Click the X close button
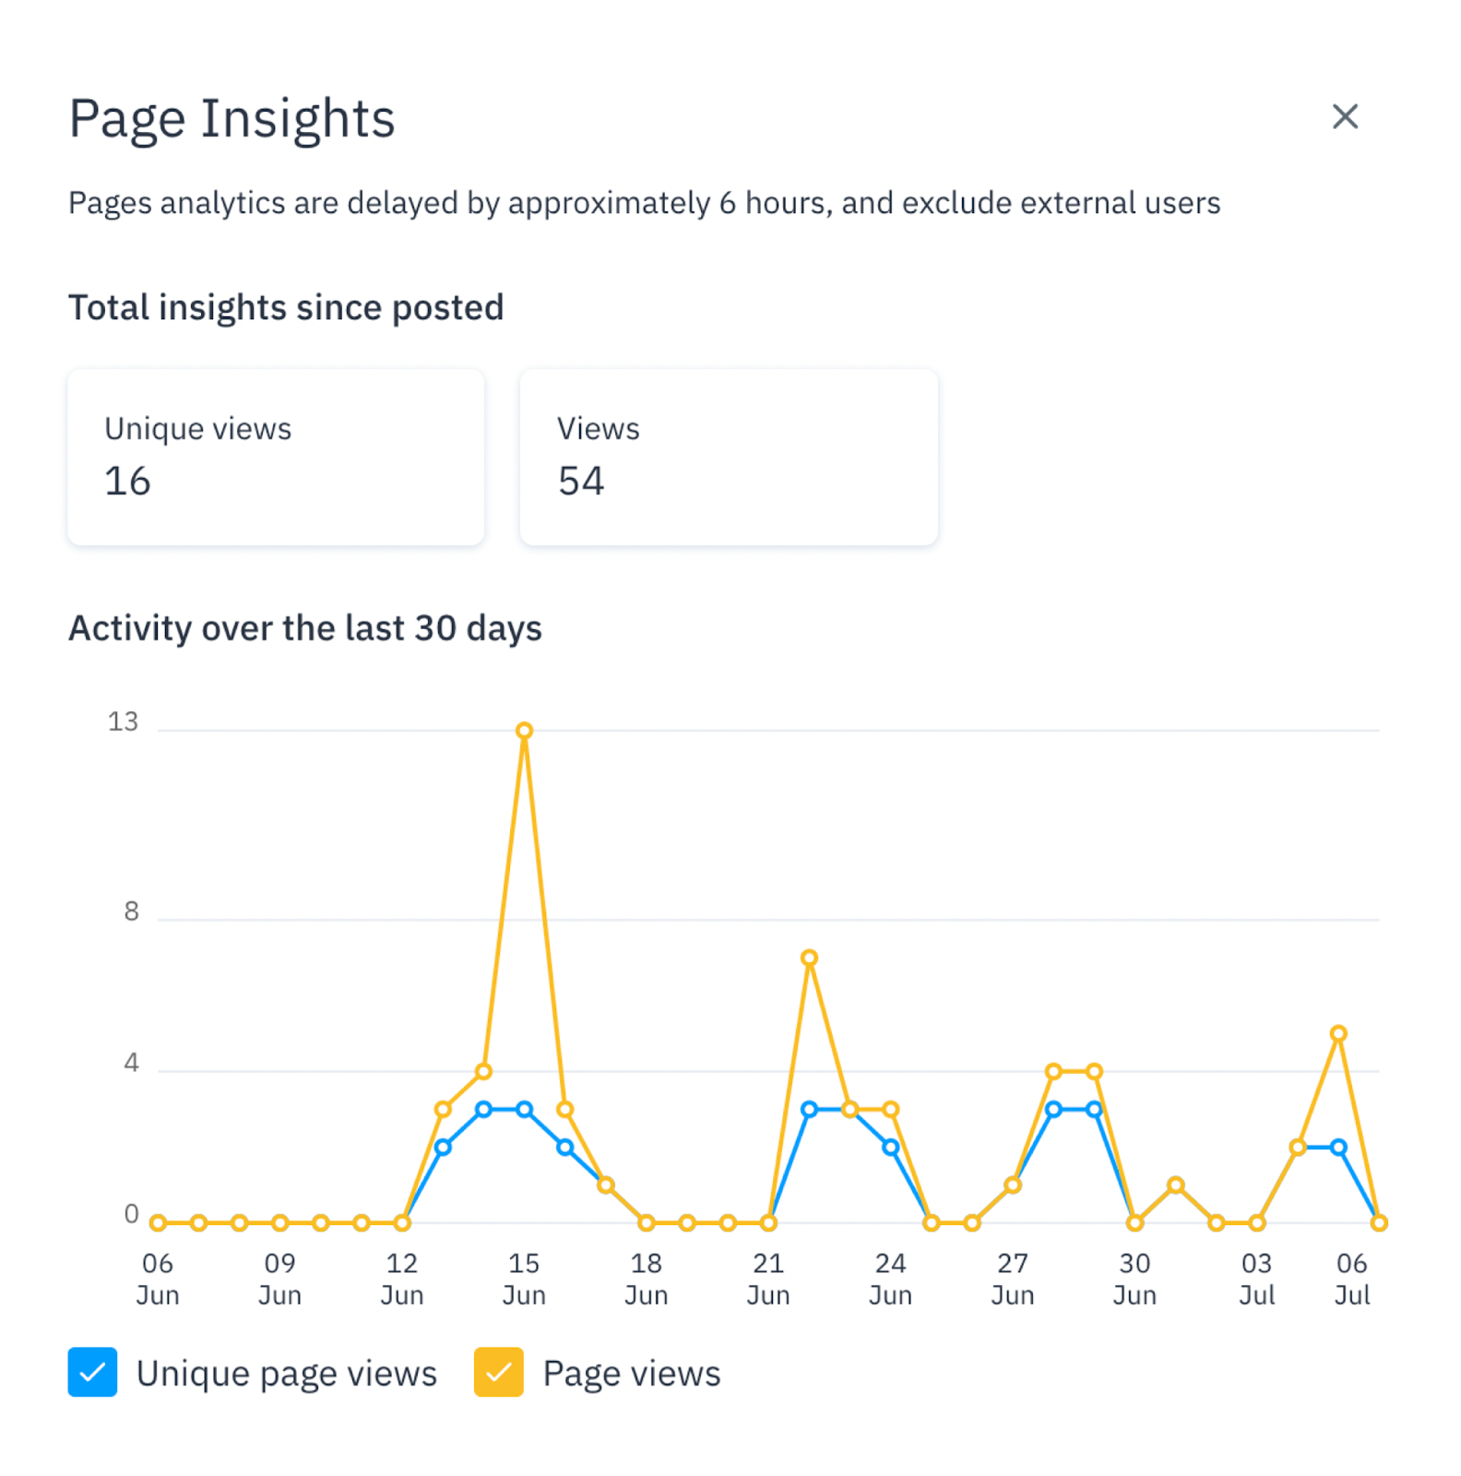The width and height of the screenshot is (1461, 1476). pyautogui.click(x=1345, y=117)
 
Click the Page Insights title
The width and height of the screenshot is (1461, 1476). pyautogui.click(x=232, y=119)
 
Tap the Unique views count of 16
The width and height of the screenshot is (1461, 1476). pyautogui.click(x=127, y=482)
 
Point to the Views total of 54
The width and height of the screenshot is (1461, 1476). pyautogui.click(x=581, y=482)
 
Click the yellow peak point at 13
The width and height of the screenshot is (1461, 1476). pyautogui.click(x=524, y=731)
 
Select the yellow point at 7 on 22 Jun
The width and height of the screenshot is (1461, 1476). pyautogui.click(x=809, y=958)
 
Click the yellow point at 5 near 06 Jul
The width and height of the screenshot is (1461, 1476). pyautogui.click(x=1338, y=1033)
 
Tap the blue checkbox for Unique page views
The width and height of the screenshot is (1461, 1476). pyautogui.click(x=92, y=1372)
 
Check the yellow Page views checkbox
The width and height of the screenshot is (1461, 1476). pyautogui.click(x=499, y=1372)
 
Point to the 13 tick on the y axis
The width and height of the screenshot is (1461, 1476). pyautogui.click(x=123, y=721)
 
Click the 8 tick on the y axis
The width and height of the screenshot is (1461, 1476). pyautogui.click(x=131, y=911)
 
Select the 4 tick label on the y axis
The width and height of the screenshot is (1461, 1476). pyautogui.click(x=131, y=1063)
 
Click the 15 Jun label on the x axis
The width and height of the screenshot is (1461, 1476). pyautogui.click(x=524, y=1279)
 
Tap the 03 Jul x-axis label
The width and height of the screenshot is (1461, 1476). pyautogui.click(x=1256, y=1279)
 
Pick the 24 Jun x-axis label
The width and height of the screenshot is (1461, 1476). pyautogui.click(x=890, y=1279)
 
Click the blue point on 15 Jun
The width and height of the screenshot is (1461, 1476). pyautogui.click(x=524, y=1109)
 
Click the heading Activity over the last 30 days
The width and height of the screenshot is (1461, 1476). pyautogui.click(x=305, y=628)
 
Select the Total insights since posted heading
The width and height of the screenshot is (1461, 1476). pyautogui.click(x=286, y=308)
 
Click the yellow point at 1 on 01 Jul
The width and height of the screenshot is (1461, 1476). pyautogui.click(x=1175, y=1184)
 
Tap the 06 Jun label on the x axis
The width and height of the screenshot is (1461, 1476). pyautogui.click(x=158, y=1279)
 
